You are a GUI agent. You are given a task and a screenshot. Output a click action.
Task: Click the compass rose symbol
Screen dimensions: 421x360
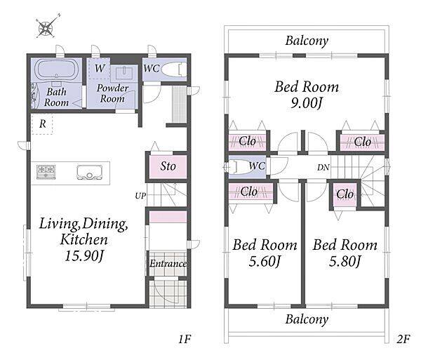tap(47, 27)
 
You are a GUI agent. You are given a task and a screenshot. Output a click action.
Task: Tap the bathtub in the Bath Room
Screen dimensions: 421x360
tap(56, 69)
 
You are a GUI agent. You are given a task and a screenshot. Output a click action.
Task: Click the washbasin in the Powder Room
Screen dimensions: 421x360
tap(124, 73)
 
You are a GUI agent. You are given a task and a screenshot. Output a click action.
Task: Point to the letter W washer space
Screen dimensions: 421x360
tap(100, 68)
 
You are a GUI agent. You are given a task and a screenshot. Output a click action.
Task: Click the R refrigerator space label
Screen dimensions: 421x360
tap(42, 124)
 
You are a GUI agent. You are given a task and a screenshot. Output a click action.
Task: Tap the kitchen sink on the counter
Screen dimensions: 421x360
tap(89, 173)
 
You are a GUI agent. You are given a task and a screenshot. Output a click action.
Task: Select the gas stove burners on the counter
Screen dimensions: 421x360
tap(46, 172)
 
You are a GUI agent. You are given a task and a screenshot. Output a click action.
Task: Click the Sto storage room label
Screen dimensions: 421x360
tap(168, 166)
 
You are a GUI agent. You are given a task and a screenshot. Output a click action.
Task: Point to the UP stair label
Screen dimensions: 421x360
tap(140, 196)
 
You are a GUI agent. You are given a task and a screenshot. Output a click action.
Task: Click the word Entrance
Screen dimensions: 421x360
tap(168, 263)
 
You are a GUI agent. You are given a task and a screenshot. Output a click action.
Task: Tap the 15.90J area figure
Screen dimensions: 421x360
tap(84, 256)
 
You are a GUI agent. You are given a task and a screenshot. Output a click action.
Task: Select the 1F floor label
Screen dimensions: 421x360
tap(185, 340)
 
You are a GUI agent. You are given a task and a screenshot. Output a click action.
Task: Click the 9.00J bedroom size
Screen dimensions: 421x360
tap(306, 103)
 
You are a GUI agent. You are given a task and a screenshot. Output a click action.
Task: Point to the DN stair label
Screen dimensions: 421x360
tap(323, 168)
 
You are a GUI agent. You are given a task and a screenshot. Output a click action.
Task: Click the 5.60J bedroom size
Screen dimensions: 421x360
tap(265, 262)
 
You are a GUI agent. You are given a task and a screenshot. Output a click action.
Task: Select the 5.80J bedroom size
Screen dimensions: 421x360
tap(345, 262)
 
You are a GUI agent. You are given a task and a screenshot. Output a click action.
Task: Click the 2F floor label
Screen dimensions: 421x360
tap(403, 340)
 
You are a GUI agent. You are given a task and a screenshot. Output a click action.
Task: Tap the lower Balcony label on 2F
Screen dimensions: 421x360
tap(307, 319)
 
